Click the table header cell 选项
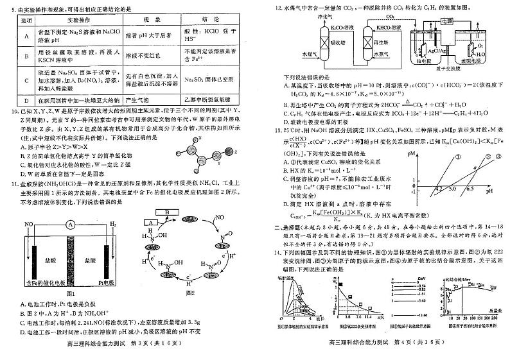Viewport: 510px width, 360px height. pyautogui.click(x=26, y=20)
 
